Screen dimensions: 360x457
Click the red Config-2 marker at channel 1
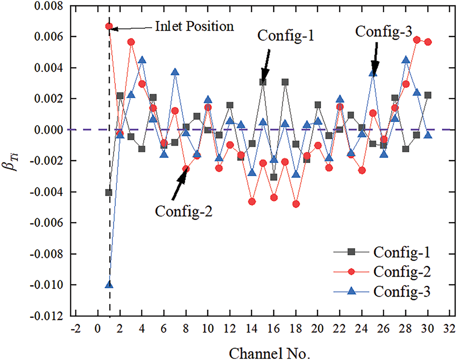point(109,26)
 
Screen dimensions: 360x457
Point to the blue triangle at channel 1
point(109,284)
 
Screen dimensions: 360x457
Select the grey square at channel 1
point(109,193)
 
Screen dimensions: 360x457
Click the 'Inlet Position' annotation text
point(195,26)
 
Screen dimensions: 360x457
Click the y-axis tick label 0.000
point(50,130)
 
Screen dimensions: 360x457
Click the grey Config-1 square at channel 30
point(428,95)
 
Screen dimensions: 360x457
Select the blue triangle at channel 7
point(175,72)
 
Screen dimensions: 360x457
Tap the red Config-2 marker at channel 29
point(417,40)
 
